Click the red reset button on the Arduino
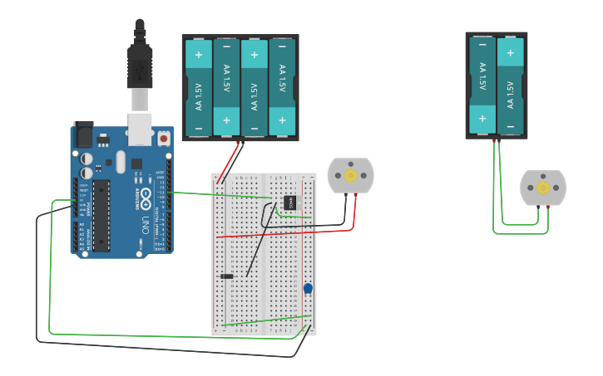pyautogui.click(x=164, y=139)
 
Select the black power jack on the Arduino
pyautogui.click(x=83, y=134)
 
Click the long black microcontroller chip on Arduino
pyautogui.click(x=101, y=215)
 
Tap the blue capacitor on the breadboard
pyautogui.click(x=308, y=288)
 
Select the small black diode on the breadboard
pyautogui.click(x=226, y=276)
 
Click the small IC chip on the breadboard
pyautogui.click(x=289, y=202)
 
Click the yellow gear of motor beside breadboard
pyautogui.click(x=351, y=175)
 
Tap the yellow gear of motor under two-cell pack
pyautogui.click(x=543, y=188)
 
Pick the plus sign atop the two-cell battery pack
pyautogui.click(x=510, y=53)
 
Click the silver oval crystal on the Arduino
pyautogui.click(x=121, y=161)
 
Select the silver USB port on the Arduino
pyautogui.click(x=140, y=125)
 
